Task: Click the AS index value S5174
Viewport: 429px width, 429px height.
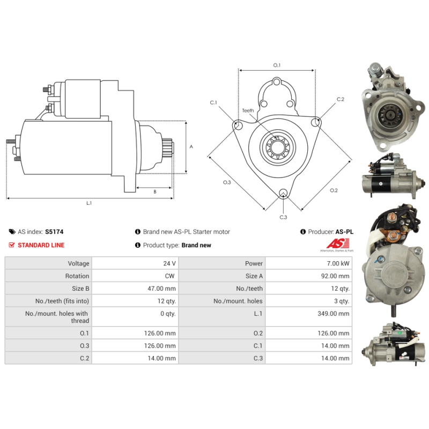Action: click(x=54, y=232)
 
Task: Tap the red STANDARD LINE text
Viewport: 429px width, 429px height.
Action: click(x=41, y=245)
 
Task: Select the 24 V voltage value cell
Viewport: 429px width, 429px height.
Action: click(x=169, y=263)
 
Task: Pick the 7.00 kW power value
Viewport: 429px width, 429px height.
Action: click(x=338, y=263)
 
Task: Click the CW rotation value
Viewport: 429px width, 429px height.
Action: click(x=169, y=276)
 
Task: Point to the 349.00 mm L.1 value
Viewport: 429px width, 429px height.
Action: click(x=333, y=314)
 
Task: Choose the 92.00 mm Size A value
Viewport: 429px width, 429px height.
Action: click(x=335, y=276)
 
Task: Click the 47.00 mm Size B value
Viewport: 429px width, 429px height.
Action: click(x=162, y=289)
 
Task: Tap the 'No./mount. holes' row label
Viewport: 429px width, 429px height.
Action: click(x=238, y=301)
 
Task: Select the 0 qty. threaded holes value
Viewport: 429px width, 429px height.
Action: click(x=168, y=314)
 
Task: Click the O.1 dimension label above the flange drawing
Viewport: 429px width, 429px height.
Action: click(x=277, y=65)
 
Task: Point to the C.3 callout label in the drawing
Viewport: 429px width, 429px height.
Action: click(x=283, y=217)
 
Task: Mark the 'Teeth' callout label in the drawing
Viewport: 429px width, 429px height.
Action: click(x=248, y=110)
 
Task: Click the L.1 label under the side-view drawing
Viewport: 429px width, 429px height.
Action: click(x=89, y=203)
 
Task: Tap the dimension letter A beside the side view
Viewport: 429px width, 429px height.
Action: click(x=191, y=146)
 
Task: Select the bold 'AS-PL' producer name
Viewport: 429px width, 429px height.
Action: click(x=344, y=232)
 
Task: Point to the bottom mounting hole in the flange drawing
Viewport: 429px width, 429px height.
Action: click(x=283, y=193)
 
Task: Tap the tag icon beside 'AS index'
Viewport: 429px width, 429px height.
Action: click(x=12, y=232)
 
